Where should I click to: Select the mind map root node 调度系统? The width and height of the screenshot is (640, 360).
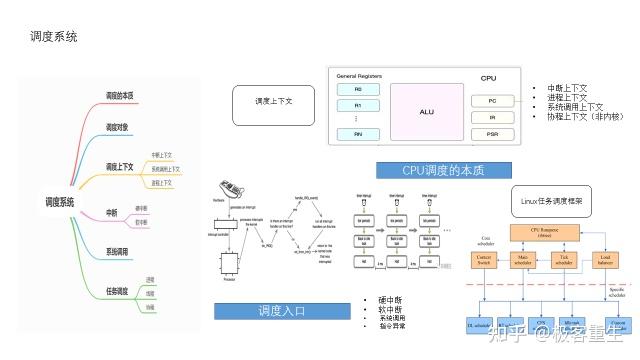[x=60, y=202]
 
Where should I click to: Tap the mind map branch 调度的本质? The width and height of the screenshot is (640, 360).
[x=127, y=96]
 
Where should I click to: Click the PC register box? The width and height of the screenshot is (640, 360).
[x=493, y=101]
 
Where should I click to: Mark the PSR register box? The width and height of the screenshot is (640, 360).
[x=493, y=133]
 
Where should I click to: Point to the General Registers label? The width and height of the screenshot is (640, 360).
[x=359, y=76]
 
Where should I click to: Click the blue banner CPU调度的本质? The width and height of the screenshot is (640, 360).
[x=443, y=171]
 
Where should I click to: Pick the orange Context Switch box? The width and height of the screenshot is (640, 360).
[x=488, y=261]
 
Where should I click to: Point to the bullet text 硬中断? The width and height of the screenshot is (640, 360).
[x=386, y=300]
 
